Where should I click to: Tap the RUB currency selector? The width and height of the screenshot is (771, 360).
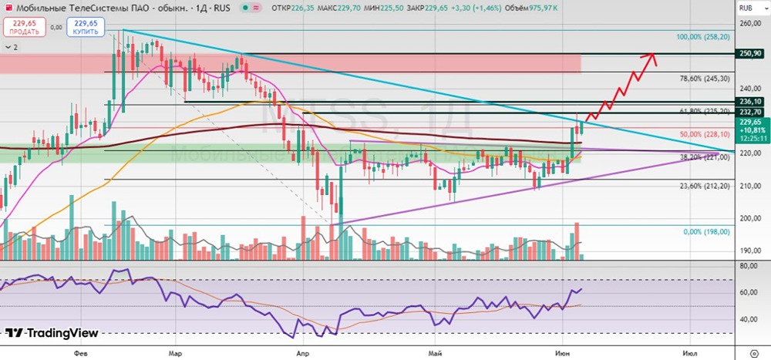coord(746,8)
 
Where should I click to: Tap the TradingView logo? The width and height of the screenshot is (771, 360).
coord(52,333)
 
